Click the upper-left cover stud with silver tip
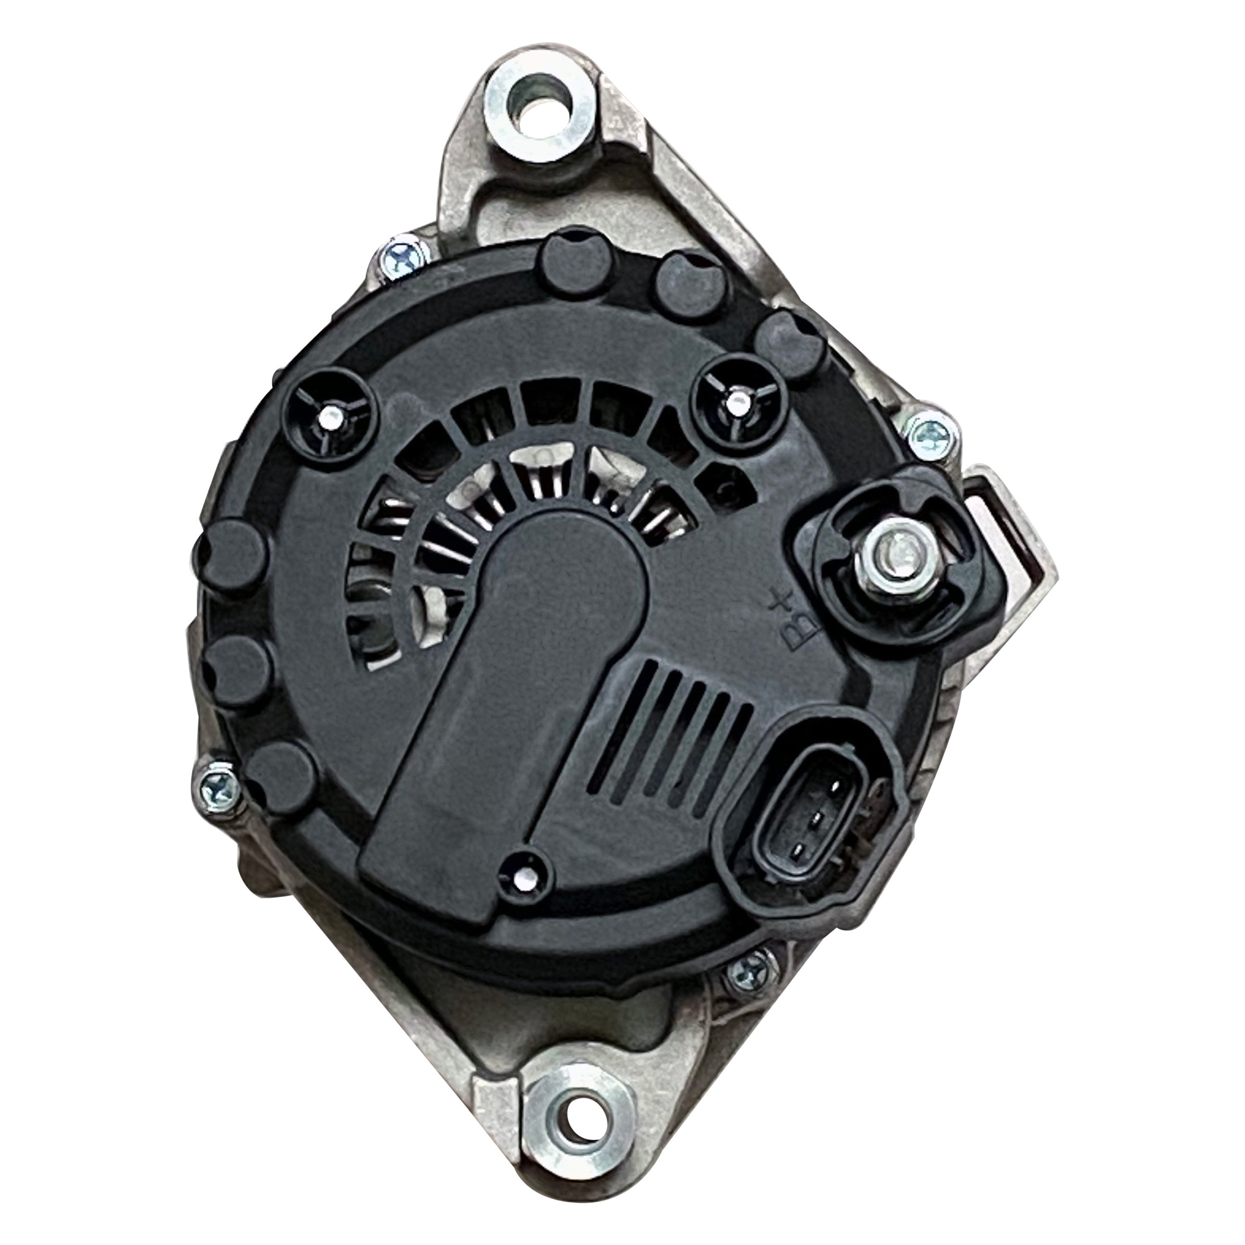click(332, 417)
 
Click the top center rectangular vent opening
click(554, 403)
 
